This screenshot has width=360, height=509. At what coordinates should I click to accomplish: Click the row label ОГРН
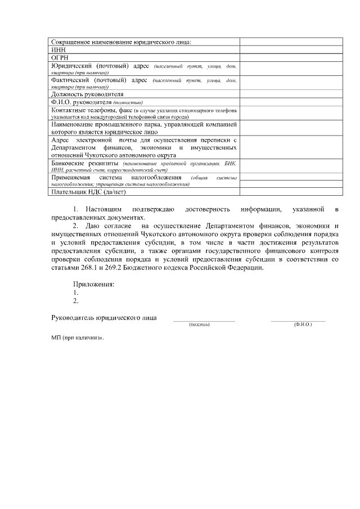60,57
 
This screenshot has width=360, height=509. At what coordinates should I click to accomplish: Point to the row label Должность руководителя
87,94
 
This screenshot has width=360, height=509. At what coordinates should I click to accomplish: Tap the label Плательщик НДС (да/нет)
88,192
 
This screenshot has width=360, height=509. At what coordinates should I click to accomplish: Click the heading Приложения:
94,284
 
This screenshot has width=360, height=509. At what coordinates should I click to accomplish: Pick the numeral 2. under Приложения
76,301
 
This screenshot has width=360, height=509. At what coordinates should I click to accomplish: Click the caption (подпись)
199,325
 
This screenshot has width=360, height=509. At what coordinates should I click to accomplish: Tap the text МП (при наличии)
78,340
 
